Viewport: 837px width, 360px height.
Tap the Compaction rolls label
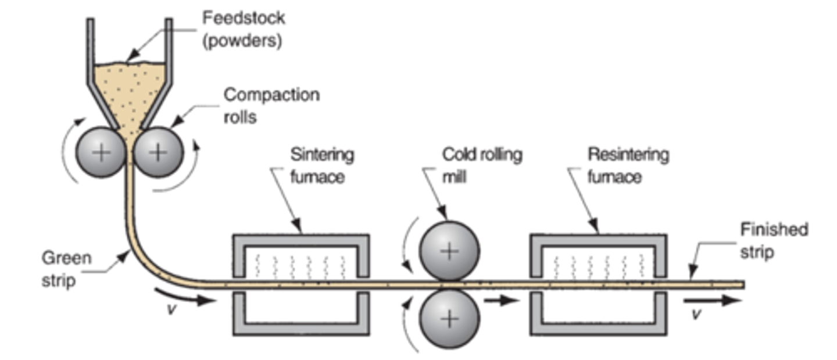(271, 105)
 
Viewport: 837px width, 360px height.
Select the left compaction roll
(102, 152)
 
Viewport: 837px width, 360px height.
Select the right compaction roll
(158, 152)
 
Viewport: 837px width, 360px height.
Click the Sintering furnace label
(322, 165)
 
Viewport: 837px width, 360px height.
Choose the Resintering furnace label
(628, 165)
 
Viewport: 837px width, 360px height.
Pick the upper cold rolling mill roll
(449, 251)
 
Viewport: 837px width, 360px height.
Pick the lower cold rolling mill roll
(449, 319)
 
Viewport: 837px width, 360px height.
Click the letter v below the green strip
(171, 309)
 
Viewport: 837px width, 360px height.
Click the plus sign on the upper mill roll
(449, 251)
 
